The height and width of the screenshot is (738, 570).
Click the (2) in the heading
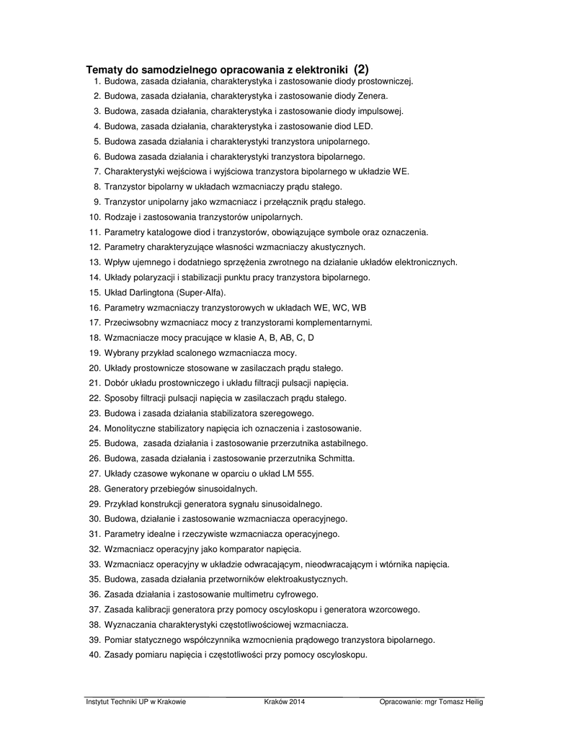pyautogui.click(x=361, y=69)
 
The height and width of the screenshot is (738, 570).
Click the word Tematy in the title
pyautogui.click(x=104, y=70)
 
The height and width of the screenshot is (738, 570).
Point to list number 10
pyautogui.click(x=94, y=217)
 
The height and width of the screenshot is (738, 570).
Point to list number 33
pyautogui.click(x=94, y=564)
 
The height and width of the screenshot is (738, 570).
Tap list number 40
pyautogui.click(x=94, y=655)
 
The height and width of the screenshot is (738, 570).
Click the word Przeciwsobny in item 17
pyautogui.click(x=130, y=323)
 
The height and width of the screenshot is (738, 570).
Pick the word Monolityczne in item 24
pyautogui.click(x=130, y=428)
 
